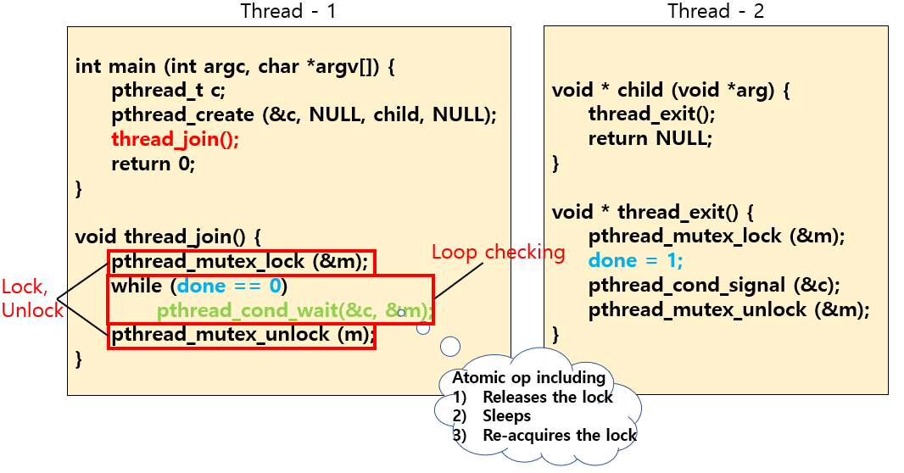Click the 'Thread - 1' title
(x=288, y=11)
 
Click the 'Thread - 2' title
(x=716, y=11)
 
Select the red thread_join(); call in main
(x=176, y=139)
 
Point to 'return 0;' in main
(x=153, y=164)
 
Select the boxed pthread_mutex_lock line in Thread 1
(x=240, y=262)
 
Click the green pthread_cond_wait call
(x=294, y=311)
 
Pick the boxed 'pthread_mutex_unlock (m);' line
(x=243, y=336)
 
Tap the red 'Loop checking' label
(x=498, y=252)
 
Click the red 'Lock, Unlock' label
(x=31, y=298)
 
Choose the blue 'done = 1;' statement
(x=635, y=260)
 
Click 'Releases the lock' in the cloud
(x=547, y=397)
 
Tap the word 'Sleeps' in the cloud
(x=506, y=416)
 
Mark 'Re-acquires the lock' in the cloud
(x=559, y=436)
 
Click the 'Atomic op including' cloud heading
(x=528, y=378)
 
